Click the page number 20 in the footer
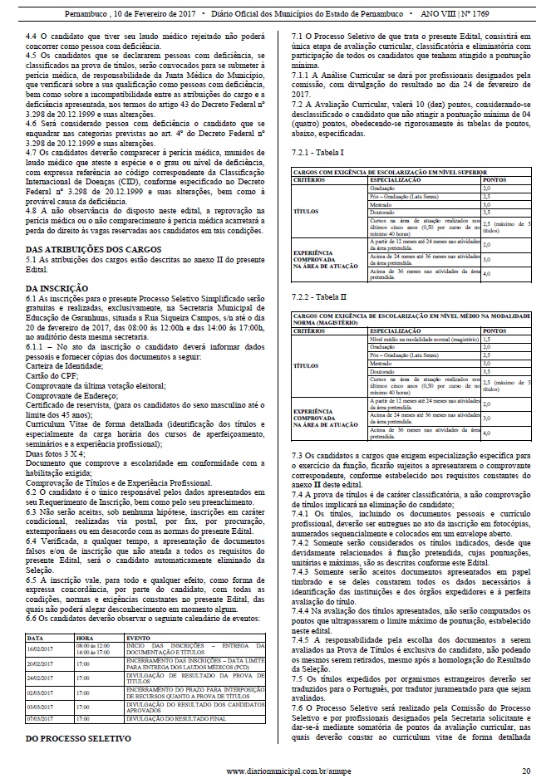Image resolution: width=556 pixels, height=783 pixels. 525,771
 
